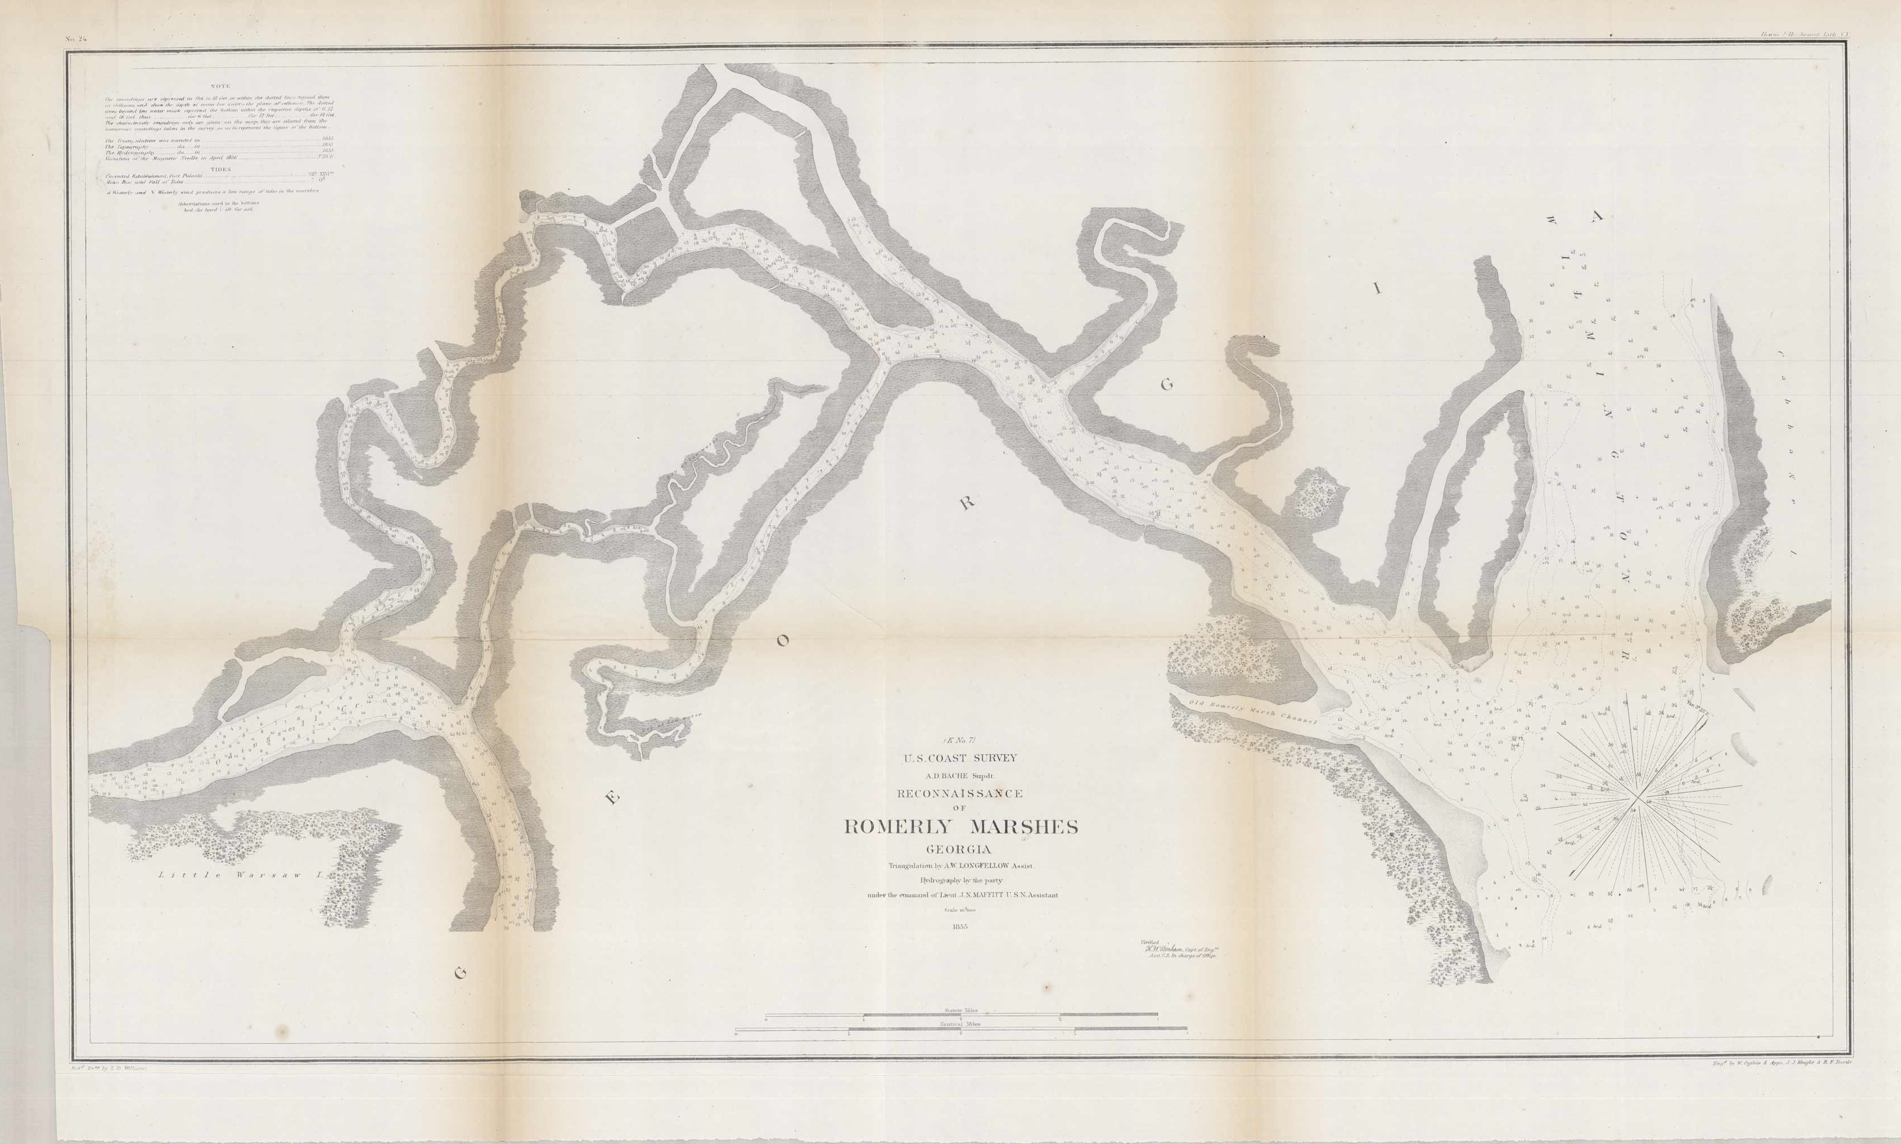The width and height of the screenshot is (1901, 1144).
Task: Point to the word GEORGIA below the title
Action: point(961,849)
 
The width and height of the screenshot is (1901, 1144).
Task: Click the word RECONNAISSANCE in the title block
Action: point(960,793)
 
